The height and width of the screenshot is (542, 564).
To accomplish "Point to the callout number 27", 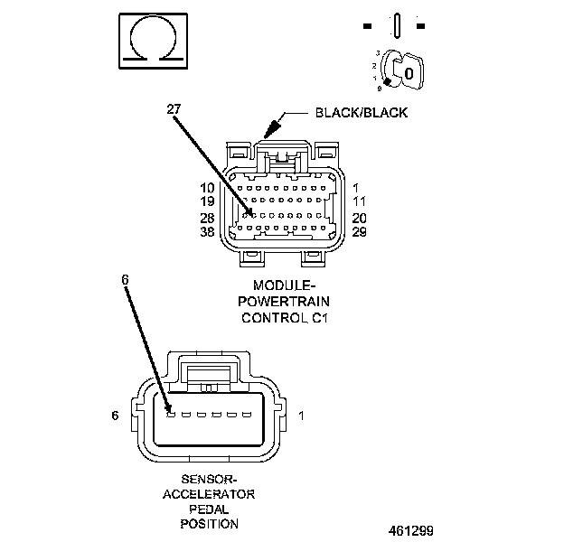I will (x=174, y=109).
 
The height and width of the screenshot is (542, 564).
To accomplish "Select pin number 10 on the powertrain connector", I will (x=207, y=188).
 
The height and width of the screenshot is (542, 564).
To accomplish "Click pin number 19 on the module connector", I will (x=207, y=202).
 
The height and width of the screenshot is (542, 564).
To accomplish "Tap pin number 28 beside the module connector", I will (x=207, y=218).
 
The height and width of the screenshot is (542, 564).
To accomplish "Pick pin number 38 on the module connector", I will (x=207, y=232).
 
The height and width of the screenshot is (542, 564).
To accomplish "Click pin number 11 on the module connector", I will (x=359, y=202).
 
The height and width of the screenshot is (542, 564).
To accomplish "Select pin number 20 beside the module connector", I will (x=359, y=218).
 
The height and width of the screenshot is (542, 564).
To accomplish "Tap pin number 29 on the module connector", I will (x=359, y=232).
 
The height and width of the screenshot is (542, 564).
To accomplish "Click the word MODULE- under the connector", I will (x=283, y=286).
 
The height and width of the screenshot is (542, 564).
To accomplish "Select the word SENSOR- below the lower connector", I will (x=209, y=479).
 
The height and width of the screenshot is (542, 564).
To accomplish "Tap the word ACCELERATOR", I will (x=209, y=494).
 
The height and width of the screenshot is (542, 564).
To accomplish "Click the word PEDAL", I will (x=209, y=509).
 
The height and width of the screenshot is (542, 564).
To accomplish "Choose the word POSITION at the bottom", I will (x=209, y=524).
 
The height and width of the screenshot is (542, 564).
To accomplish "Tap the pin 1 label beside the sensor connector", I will (x=301, y=416).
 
